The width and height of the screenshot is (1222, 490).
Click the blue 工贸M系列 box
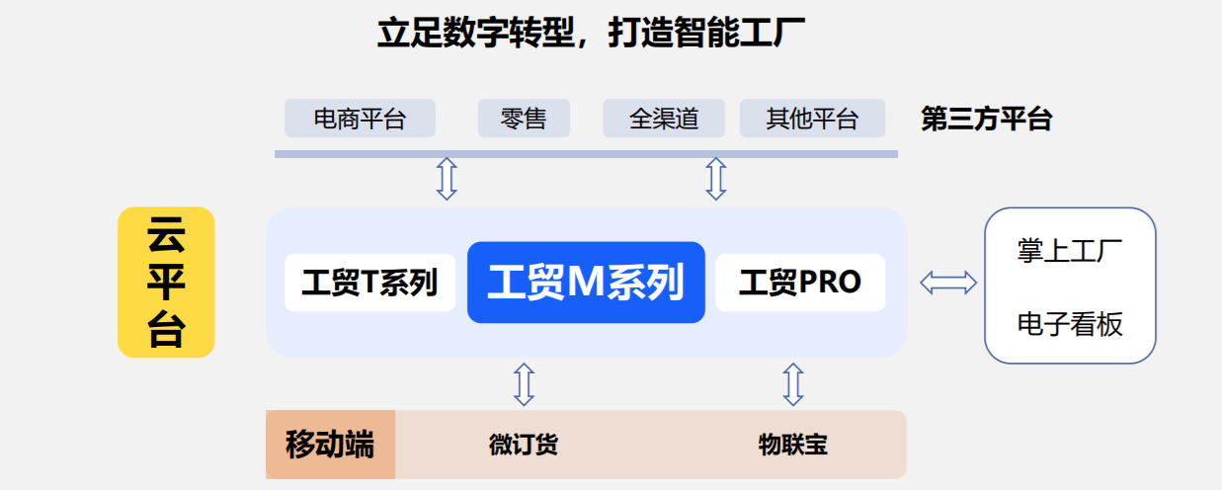586,283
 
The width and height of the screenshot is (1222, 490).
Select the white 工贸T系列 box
369,283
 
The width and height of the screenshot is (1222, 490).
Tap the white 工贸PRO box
800,283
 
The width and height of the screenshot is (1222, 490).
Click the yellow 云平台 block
166,282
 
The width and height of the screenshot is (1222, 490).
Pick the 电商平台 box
360,120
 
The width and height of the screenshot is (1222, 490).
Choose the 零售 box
524,120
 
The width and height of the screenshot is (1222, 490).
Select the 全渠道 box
664,120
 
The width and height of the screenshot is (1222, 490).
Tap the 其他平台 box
812,120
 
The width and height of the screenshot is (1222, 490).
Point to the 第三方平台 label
986,120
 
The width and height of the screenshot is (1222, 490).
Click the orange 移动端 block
330,445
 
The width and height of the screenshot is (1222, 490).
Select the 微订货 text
524,445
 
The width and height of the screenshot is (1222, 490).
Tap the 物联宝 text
792,445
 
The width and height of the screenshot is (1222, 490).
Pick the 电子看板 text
1070,324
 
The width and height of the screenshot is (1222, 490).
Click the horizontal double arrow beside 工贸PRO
948,284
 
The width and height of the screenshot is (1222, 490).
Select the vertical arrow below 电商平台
447,179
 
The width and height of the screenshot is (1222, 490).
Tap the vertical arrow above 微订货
525,383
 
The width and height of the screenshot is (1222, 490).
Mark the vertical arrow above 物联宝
792,383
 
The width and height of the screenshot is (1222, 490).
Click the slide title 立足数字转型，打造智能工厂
591,35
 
